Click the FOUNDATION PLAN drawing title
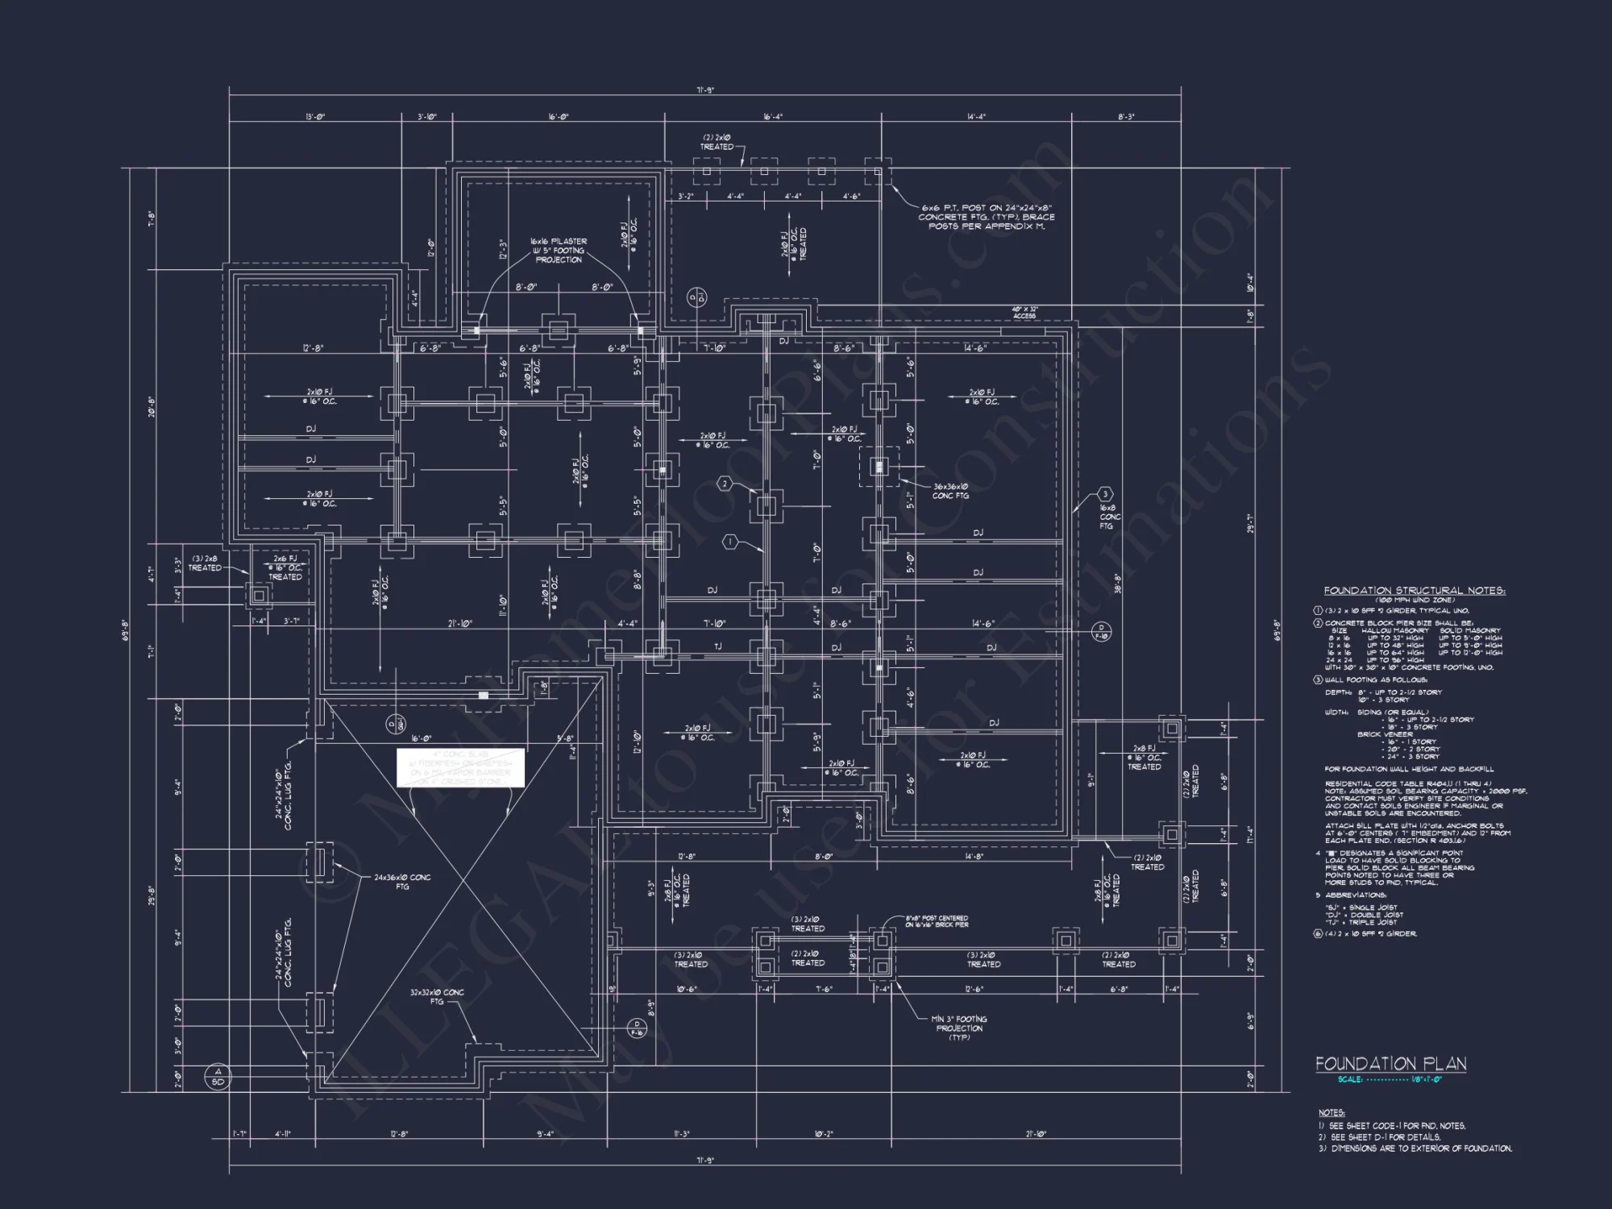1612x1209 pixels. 1390,1064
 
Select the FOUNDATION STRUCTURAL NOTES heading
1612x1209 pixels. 1415,591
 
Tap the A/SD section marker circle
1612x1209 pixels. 217,1076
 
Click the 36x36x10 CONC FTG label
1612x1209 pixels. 950,491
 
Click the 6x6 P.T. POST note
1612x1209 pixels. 987,217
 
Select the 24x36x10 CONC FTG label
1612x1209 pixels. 402,882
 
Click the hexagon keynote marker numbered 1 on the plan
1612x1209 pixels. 730,542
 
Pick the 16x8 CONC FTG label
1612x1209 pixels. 1109,517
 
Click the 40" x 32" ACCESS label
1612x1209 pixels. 1024,313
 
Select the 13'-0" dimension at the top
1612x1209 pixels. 315,117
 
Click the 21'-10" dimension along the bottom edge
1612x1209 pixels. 1036,1134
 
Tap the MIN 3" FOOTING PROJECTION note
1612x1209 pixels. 959,1028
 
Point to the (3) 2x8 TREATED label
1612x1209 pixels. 205,563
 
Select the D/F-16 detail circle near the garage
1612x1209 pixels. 637,1027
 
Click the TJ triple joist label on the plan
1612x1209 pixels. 717,646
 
